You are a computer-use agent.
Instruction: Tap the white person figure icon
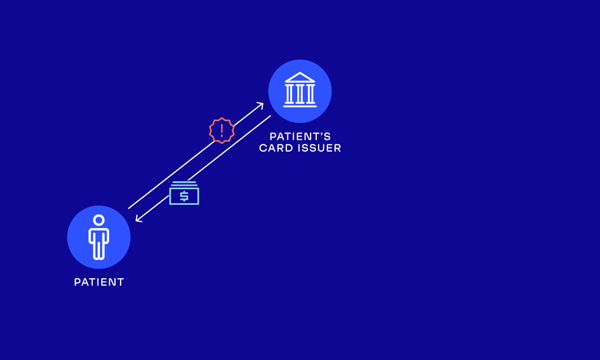(x=99, y=237)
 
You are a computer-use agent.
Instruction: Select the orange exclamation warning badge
(x=222, y=130)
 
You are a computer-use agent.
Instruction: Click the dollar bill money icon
(x=184, y=193)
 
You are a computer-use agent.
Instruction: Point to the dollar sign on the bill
(x=184, y=196)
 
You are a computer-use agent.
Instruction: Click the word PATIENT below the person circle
(x=99, y=282)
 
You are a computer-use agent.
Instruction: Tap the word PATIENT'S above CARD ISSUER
(x=300, y=137)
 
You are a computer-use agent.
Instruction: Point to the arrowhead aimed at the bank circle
(x=261, y=104)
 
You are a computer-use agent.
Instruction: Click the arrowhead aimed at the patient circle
(x=138, y=219)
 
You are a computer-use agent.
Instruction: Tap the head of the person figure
(x=99, y=220)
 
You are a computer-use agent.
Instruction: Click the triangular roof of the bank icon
(x=300, y=77)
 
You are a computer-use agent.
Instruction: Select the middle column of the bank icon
(x=300, y=94)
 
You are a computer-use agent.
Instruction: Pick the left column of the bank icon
(x=289, y=94)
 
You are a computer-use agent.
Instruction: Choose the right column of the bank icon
(x=310, y=94)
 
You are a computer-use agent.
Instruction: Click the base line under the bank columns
(x=300, y=106)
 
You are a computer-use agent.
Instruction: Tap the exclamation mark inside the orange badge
(x=222, y=130)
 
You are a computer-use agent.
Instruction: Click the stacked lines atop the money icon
(x=184, y=184)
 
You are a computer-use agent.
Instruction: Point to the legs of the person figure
(x=99, y=250)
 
